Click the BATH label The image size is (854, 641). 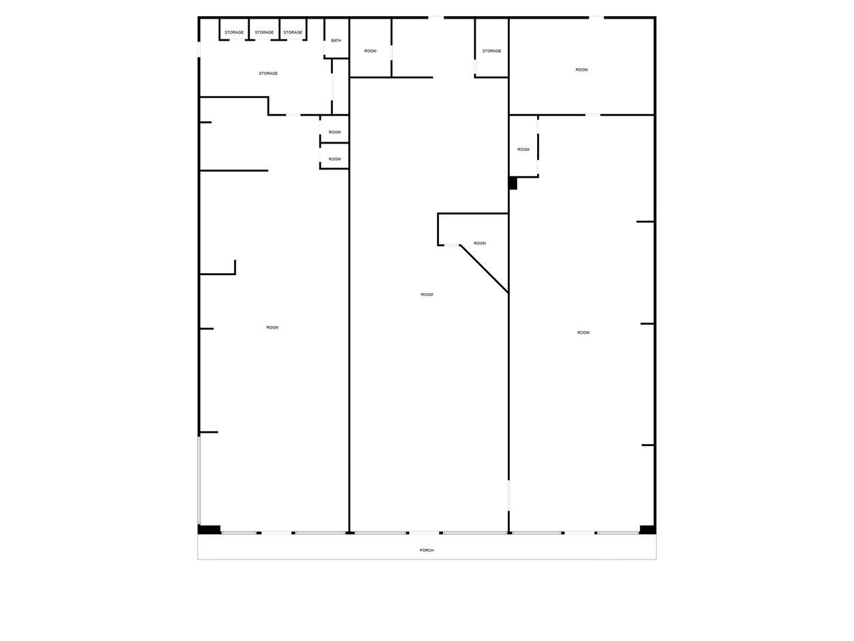pos(336,41)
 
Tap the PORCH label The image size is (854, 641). pos(426,550)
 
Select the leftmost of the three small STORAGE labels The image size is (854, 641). pos(234,32)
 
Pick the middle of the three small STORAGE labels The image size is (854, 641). pos(264,32)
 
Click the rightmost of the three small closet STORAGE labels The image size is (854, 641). pos(293,32)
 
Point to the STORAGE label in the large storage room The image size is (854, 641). pos(268,73)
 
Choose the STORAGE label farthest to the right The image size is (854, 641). pos(492,51)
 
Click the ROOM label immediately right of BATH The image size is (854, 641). pos(370,51)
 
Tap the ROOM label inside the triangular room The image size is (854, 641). pos(479,243)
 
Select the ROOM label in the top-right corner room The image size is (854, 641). pos(581,70)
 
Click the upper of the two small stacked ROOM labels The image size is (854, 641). pos(334,132)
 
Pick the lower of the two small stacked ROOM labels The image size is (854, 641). pos(334,159)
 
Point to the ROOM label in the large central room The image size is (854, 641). pos(426,294)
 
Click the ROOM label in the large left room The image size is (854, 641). pos(272,328)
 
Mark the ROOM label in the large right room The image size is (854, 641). pos(583,333)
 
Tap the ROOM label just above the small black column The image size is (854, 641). pos(523,150)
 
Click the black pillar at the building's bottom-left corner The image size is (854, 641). pos(209,529)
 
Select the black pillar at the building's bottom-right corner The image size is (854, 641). pos(647,529)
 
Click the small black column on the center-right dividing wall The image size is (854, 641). pos(513,184)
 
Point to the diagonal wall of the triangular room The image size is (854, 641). pos(484,269)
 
